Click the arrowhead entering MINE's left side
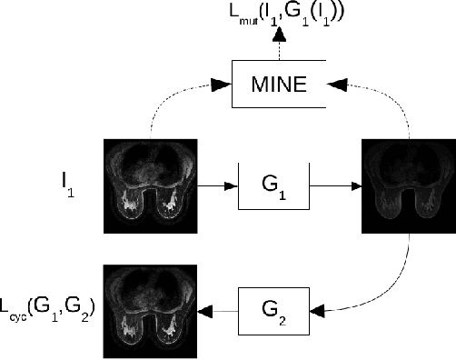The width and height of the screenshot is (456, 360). (x=223, y=85)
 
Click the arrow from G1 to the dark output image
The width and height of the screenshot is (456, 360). (x=333, y=185)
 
